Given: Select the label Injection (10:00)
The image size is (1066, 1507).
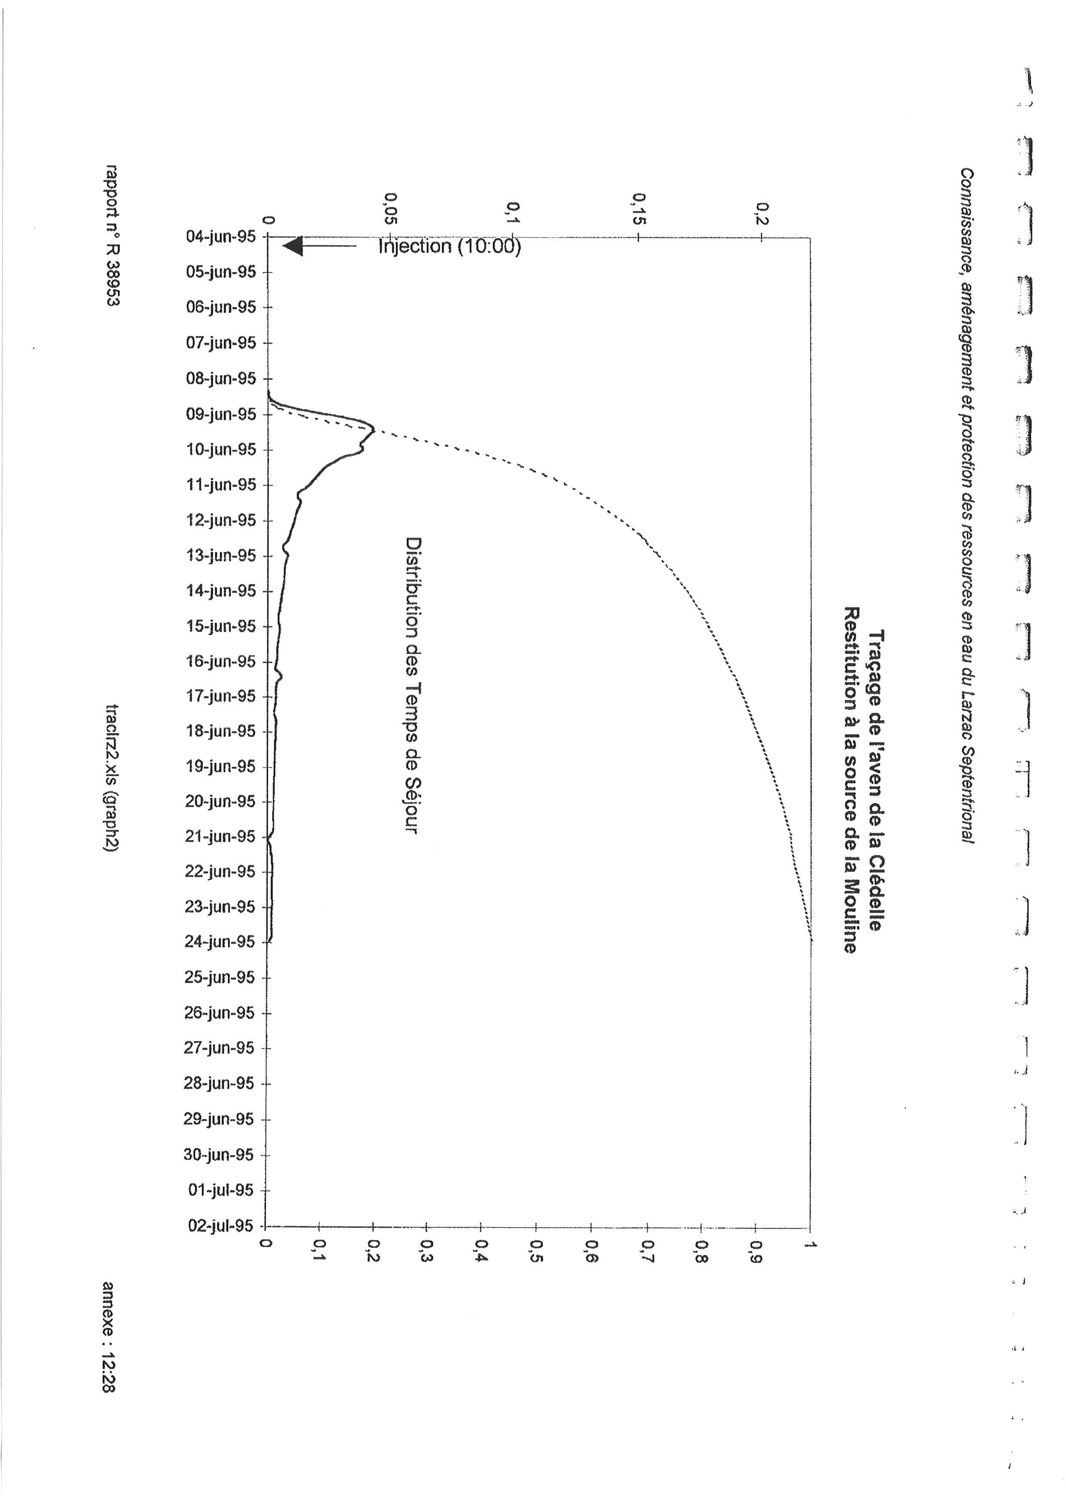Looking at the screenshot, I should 450,247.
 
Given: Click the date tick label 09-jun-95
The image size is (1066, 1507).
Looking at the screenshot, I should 221,414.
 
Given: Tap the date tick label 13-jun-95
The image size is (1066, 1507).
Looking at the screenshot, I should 221,555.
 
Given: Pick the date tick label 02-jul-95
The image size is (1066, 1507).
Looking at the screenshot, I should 221,1226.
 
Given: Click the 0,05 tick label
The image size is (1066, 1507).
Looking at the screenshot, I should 391,208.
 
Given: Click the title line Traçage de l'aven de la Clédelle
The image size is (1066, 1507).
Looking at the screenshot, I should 876,780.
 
